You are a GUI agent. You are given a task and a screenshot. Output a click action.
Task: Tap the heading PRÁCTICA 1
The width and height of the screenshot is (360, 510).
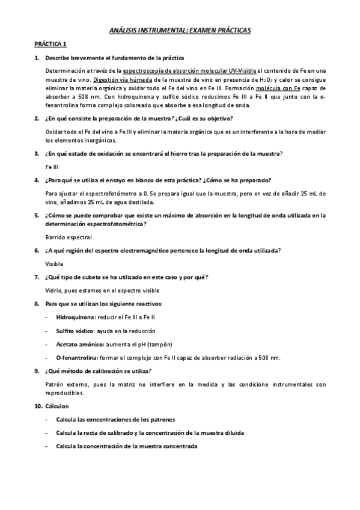(x=50, y=44)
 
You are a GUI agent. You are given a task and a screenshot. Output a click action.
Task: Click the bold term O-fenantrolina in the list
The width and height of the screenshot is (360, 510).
(x=75, y=358)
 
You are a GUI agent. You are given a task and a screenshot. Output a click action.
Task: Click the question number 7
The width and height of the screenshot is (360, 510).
(x=37, y=277)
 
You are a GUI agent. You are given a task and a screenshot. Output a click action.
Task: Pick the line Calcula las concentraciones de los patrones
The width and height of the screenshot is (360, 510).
(x=115, y=419)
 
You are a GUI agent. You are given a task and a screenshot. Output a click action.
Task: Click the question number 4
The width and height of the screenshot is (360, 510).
(x=37, y=180)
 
